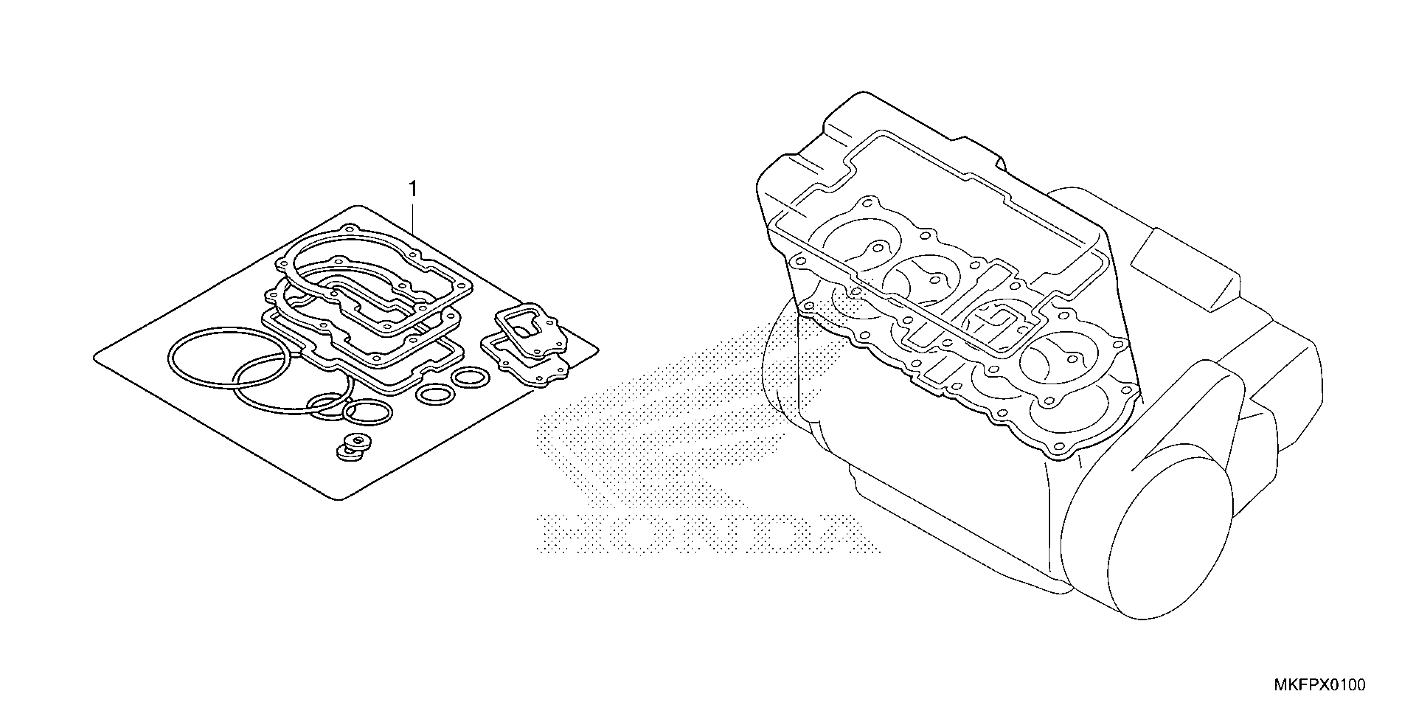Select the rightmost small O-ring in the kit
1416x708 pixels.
coord(470,378)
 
